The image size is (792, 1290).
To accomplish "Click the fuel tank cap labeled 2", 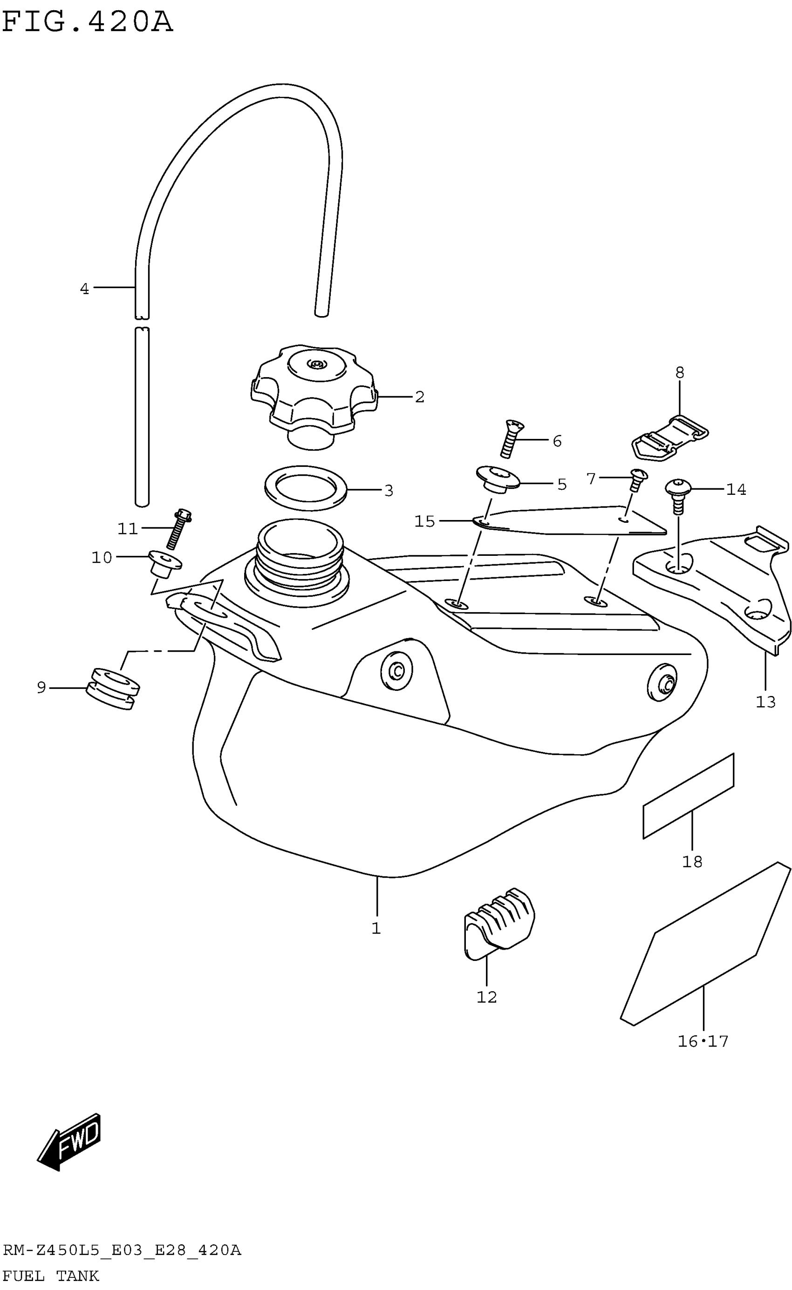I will point(313,390).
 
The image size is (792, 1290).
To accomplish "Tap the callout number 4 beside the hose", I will point(84,289).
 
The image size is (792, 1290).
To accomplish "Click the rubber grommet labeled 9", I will point(113,689).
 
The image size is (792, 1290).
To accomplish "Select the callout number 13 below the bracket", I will point(765,702).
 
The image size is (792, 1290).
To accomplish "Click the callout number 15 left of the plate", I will point(424,521).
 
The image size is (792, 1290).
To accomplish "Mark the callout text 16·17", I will point(703,1041).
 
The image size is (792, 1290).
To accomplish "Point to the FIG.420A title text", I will point(87,22).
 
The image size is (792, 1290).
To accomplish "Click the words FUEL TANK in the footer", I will point(51,1276).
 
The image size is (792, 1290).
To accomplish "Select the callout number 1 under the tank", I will point(376,928).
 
